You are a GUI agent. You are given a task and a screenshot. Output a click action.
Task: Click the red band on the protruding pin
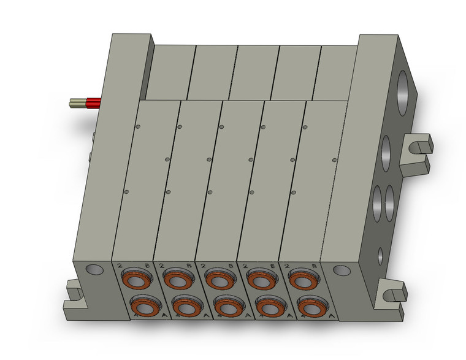coord(94,103)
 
